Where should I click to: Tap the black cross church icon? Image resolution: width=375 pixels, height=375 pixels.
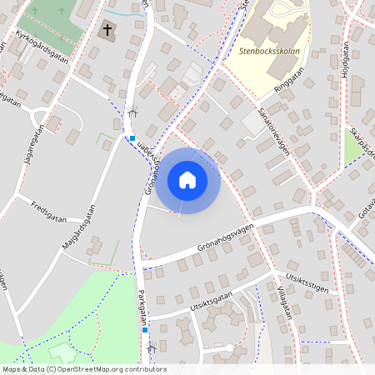point(107,31)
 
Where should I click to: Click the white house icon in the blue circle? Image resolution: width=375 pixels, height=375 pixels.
point(187,180)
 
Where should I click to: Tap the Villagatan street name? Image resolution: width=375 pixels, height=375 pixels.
point(282,309)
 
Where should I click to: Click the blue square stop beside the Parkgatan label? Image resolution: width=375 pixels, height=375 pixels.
point(145,330)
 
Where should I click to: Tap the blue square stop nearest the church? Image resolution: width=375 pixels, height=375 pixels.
point(132,138)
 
